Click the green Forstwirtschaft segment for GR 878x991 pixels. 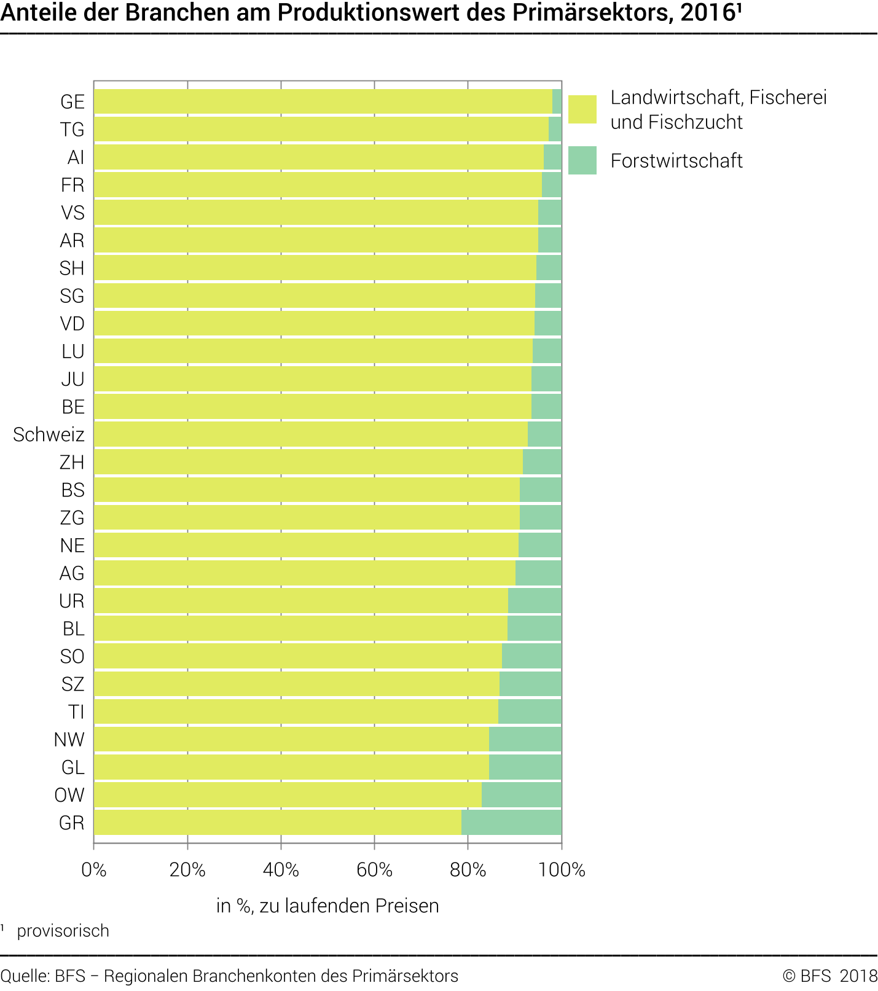coord(511,823)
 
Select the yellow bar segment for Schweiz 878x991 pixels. coord(310,434)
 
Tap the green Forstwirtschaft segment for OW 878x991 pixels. coord(521,795)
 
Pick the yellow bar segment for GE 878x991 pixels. coord(323,102)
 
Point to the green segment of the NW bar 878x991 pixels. coord(525,740)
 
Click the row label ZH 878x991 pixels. coord(72,462)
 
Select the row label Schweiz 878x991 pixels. coord(49,434)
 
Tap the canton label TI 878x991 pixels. coord(76,711)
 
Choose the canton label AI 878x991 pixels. coord(76,157)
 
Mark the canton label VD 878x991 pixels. coord(72,324)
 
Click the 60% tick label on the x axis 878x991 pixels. coord(374,869)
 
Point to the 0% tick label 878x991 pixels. coord(94,869)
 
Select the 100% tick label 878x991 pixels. coord(561,869)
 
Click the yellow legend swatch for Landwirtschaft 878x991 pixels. coord(582,109)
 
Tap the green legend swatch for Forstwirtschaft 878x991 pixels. coord(582,160)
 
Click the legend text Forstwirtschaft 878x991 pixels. coord(676,161)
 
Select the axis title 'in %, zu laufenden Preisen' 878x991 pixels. coord(327,906)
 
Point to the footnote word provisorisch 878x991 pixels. coord(63,931)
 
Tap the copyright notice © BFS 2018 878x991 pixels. coord(829,976)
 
